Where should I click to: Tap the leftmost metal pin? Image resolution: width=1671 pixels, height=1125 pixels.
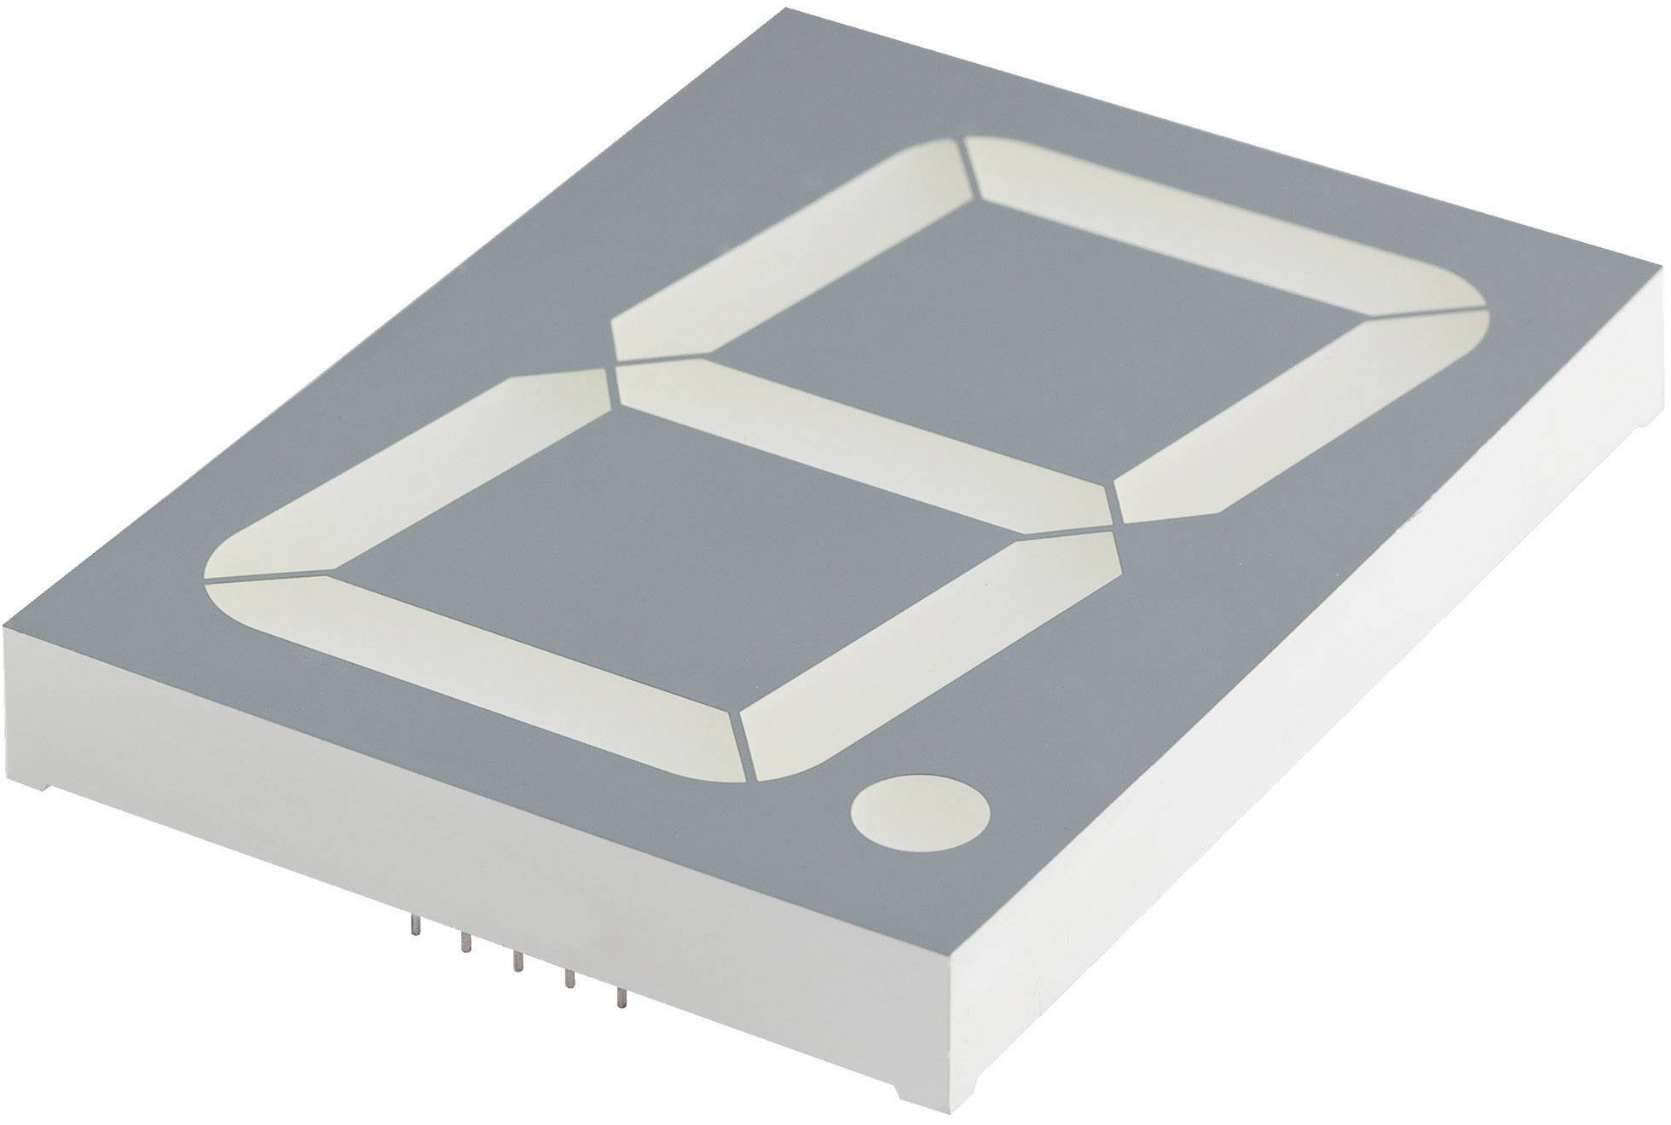pyautogui.click(x=413, y=926)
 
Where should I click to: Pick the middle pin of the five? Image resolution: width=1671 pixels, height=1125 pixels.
pyautogui.click(x=516, y=961)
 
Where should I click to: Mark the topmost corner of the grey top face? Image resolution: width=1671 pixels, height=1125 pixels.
pyautogui.click(x=789, y=9)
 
